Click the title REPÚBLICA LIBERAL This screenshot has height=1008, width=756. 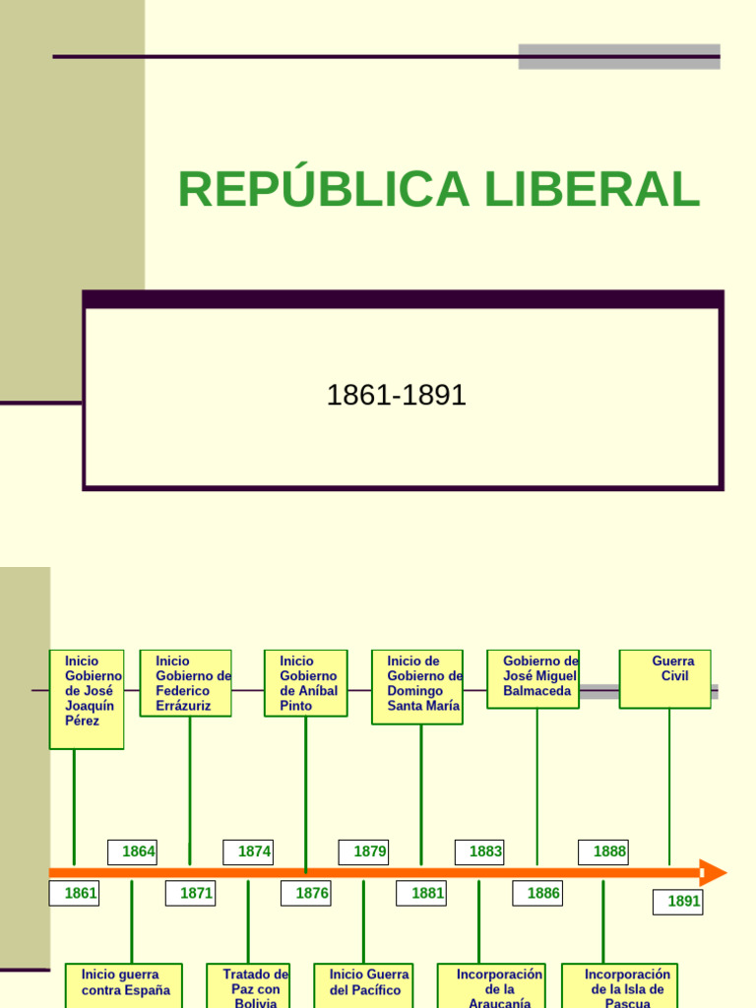(x=438, y=190)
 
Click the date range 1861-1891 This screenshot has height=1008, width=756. (x=396, y=396)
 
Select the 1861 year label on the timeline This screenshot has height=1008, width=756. (x=74, y=894)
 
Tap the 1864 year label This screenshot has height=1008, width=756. (x=132, y=851)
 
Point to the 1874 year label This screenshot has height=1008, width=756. (x=248, y=851)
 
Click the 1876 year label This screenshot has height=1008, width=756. (x=305, y=894)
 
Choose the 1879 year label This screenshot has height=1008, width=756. (x=363, y=851)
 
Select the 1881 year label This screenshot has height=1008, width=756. (x=421, y=894)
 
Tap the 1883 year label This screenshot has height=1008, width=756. (x=479, y=851)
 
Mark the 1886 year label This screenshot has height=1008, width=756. (x=537, y=894)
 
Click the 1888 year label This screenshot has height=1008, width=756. (x=603, y=851)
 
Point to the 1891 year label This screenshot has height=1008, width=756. (x=677, y=902)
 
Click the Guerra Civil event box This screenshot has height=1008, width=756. (x=664, y=678)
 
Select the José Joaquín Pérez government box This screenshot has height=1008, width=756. (x=87, y=699)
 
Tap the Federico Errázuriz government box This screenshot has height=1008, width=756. (x=186, y=682)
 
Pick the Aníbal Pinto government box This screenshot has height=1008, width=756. (x=305, y=682)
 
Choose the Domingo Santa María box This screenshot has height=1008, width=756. (x=417, y=686)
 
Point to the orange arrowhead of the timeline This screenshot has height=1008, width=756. (x=713, y=873)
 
